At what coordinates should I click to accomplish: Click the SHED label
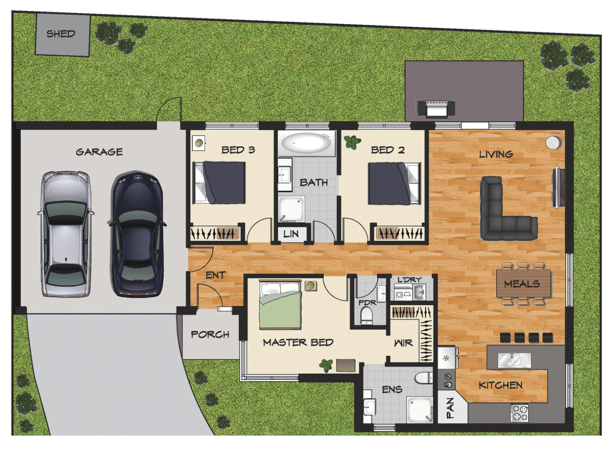tap(61, 34)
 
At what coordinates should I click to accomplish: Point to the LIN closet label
tap(291, 234)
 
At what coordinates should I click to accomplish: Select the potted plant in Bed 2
tap(352, 142)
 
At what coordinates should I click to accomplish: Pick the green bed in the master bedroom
tap(280, 305)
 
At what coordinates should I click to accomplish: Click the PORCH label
tap(210, 335)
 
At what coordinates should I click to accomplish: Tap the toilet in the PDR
tap(367, 315)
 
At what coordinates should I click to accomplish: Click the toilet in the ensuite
tap(424, 378)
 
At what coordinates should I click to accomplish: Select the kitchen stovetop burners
tap(520, 412)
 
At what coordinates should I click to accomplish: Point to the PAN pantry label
tap(450, 407)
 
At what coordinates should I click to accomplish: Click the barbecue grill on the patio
tap(436, 107)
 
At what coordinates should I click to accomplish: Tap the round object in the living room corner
tap(553, 142)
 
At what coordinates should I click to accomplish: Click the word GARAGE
tap(99, 152)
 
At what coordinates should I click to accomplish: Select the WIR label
tap(403, 343)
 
